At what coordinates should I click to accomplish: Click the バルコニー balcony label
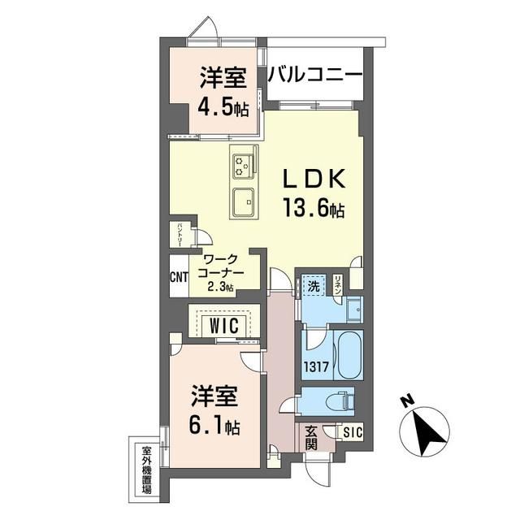tap(314, 76)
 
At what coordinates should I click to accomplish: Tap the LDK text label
tap(314, 179)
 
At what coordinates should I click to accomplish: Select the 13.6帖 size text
tap(314, 208)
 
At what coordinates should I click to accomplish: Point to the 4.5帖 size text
tap(223, 107)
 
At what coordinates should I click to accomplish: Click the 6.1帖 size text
tap(214, 426)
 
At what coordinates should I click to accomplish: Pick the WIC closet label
tap(224, 326)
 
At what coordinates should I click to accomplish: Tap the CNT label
tap(179, 276)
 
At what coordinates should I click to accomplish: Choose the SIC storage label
tap(353, 432)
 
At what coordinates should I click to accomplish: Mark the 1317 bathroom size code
tap(317, 366)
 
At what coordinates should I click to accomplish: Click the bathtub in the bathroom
tap(349, 354)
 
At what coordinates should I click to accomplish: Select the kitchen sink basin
tap(244, 201)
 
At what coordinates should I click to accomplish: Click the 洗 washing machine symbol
tap(314, 286)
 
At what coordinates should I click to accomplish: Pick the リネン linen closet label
tap(338, 284)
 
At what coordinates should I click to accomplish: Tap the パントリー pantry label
tap(180, 234)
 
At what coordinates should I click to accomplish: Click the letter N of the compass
tap(408, 401)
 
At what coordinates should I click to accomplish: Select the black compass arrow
tap(429, 434)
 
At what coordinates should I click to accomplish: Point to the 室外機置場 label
tap(145, 470)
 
